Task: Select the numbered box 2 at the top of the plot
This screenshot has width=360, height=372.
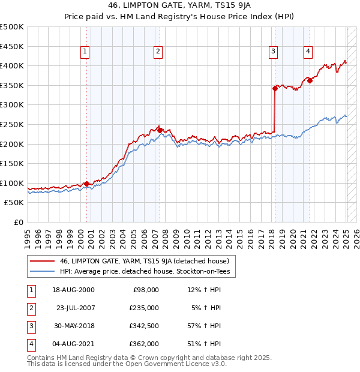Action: pos(158,52)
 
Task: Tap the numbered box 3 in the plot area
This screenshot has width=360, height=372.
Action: pos(273,52)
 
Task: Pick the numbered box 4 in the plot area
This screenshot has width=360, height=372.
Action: pos(308,52)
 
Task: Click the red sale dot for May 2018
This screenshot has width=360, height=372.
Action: pos(275,88)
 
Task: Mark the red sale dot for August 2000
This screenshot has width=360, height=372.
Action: pos(86,184)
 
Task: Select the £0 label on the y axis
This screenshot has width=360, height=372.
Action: pos(18,222)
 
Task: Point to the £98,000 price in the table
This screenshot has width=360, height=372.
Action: pos(146,290)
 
